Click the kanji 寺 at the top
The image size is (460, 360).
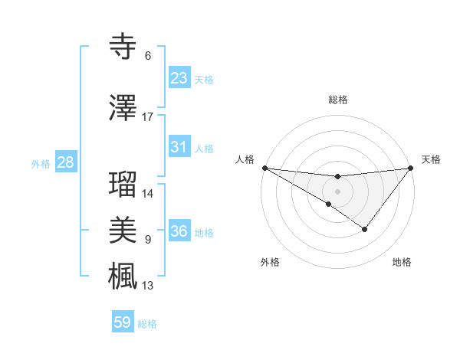tap(123, 47)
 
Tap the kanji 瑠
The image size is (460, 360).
tap(123, 185)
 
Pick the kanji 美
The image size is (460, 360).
tap(123, 231)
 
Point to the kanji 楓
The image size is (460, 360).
tap(123, 276)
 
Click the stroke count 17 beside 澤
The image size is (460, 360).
tap(148, 117)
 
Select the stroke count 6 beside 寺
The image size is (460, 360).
tap(148, 56)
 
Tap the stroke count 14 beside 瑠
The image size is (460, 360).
tap(148, 194)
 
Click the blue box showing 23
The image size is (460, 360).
tap(179, 78)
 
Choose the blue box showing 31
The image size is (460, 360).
tap(179, 147)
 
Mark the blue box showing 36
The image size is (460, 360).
tap(179, 231)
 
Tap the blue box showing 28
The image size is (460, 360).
tap(65, 162)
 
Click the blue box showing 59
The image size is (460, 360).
tap(123, 322)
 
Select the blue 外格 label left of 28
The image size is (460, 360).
tap(40, 163)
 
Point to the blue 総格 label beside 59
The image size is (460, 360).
tap(147, 323)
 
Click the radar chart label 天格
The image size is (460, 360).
tap(432, 159)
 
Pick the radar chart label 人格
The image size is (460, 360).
tap(245, 159)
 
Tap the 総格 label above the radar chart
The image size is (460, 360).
tap(338, 100)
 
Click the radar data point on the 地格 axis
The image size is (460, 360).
tap(365, 229)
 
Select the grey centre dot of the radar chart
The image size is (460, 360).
tap(337, 190)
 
